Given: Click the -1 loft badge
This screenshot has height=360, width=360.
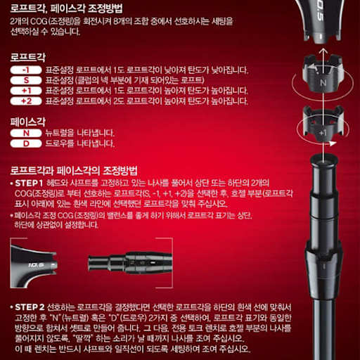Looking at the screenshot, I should pos(26,70).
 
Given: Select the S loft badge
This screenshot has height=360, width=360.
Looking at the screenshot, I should pos(26,80).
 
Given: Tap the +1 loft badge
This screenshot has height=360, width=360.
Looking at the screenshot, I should pos(26,91).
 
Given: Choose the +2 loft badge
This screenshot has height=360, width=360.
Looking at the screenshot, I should pos(26,101).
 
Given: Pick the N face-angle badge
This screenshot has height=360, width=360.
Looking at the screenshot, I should pos(26,133).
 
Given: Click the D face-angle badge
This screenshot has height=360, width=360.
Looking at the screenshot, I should pos(26,143).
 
